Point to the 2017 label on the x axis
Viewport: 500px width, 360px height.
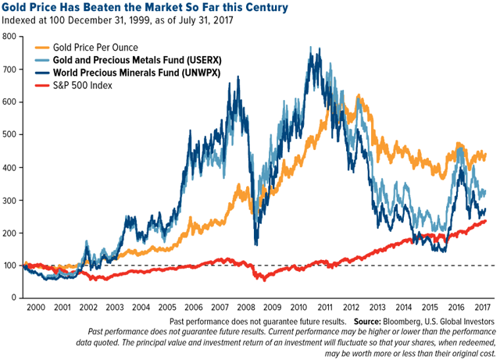[x=482, y=308]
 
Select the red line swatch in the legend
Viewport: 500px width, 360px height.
[x=58, y=86]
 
